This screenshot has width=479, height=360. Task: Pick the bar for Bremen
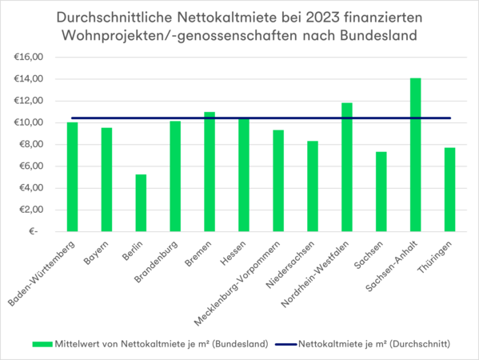tap(210, 171)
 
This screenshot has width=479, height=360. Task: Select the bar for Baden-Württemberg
tap(72, 177)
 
